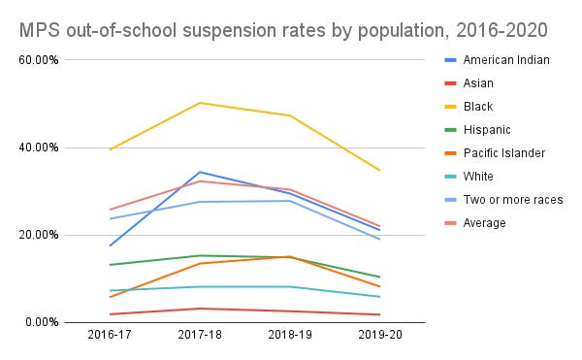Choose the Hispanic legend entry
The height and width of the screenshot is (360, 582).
(487, 130)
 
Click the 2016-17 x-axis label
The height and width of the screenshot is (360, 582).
(111, 336)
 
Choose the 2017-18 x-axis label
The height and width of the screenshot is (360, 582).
(200, 336)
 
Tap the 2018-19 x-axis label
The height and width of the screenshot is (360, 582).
(289, 336)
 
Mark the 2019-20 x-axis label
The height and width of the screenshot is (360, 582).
(378, 336)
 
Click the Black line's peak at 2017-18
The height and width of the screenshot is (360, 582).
(200, 103)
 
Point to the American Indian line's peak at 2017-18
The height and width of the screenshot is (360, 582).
(200, 172)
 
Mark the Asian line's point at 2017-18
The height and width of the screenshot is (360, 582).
(200, 309)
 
